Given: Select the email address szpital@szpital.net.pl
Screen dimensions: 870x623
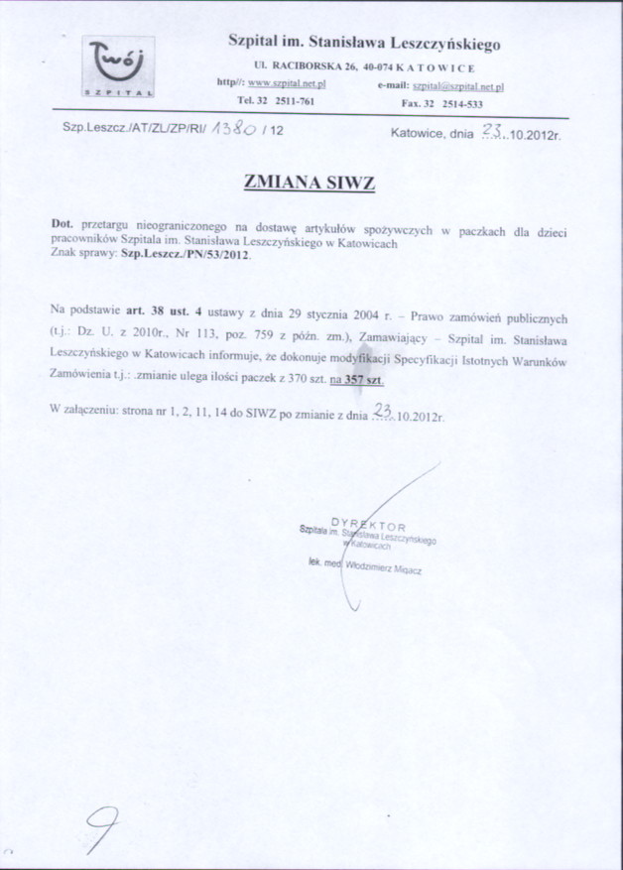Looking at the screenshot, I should [458, 86].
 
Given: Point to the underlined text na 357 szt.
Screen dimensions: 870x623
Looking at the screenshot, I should [358, 379].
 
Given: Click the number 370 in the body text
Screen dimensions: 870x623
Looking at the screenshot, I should [295, 379].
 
